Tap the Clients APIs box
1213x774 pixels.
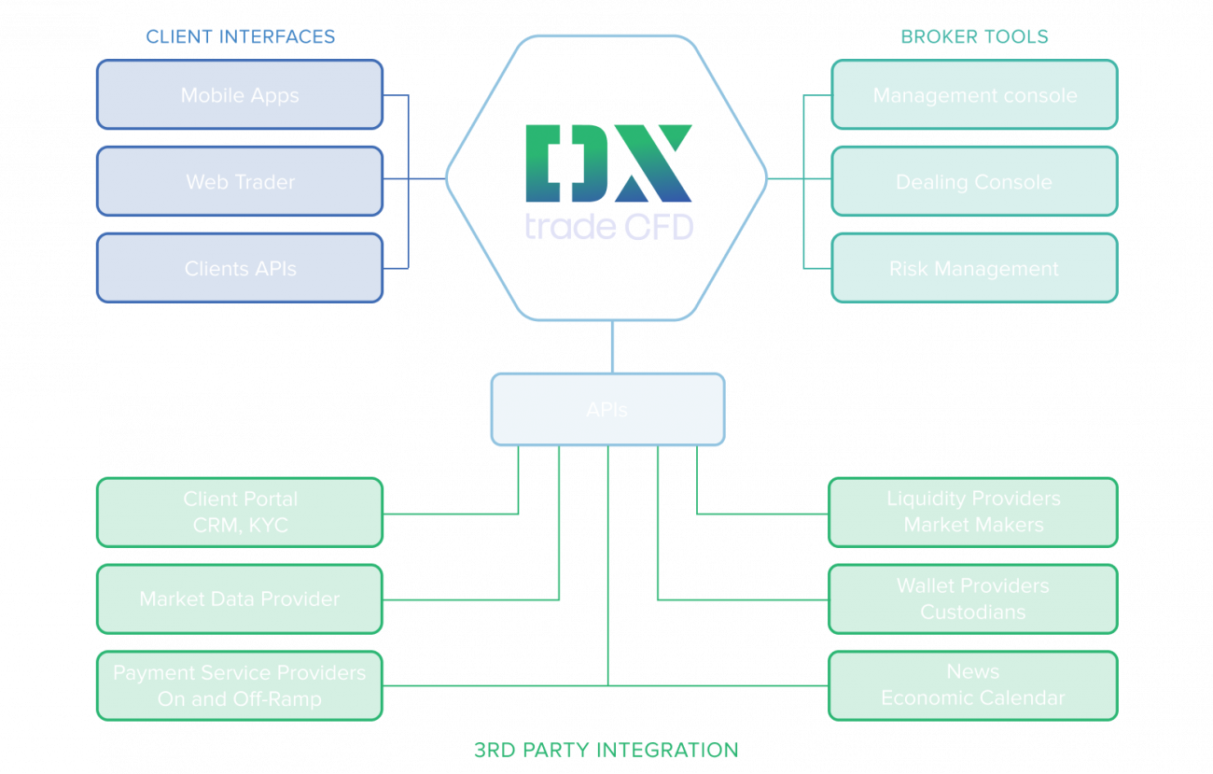click(239, 269)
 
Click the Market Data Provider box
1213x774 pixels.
click(239, 598)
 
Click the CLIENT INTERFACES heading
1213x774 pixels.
click(240, 37)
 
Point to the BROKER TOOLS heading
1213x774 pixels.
click(974, 37)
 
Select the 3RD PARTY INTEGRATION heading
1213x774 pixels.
click(606, 750)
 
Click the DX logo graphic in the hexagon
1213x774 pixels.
click(608, 163)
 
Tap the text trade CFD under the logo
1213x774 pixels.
click(608, 226)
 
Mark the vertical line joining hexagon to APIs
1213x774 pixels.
click(613, 345)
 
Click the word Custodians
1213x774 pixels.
click(973, 612)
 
